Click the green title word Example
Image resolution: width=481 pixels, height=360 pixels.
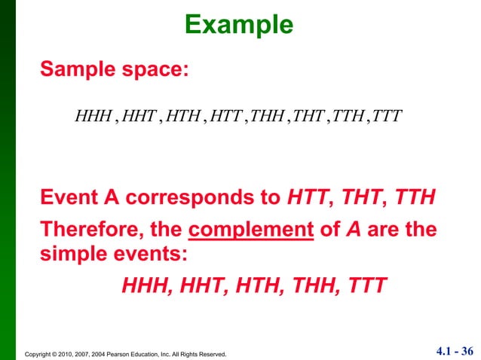coord(238,25)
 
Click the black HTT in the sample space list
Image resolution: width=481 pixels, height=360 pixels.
coord(225,117)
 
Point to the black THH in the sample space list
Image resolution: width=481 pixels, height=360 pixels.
coord(268,117)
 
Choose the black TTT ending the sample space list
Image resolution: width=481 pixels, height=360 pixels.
coord(388,117)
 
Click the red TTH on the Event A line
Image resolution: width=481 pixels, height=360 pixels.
coord(414,198)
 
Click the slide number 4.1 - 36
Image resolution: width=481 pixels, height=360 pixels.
coord(455,350)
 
